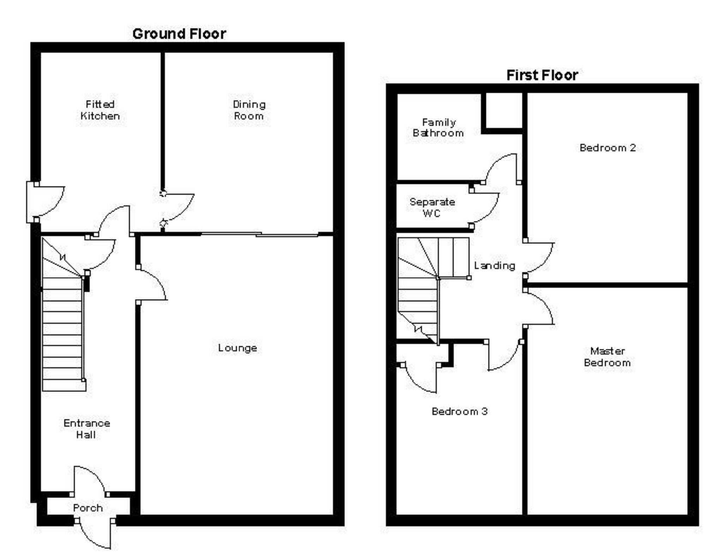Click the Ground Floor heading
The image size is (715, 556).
pos(179,34)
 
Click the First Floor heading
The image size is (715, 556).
pos(542,75)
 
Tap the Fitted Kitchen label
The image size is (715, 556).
pos(100,110)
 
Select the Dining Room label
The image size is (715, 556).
pos(249,110)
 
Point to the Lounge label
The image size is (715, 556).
pos(237,348)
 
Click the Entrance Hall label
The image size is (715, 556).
pos(87,429)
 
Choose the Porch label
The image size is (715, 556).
pos(88,508)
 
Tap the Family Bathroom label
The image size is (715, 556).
pos(438,128)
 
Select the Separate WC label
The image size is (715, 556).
pos(432,207)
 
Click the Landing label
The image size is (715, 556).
pos(494,265)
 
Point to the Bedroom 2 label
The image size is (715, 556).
pos(608,148)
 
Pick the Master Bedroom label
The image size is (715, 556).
pos(607,357)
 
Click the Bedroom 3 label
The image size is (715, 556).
pos(459,411)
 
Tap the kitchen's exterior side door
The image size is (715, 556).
pos(46,201)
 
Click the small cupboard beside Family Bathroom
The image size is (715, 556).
pos(504,110)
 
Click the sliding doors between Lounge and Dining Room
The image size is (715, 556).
pos(260,234)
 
